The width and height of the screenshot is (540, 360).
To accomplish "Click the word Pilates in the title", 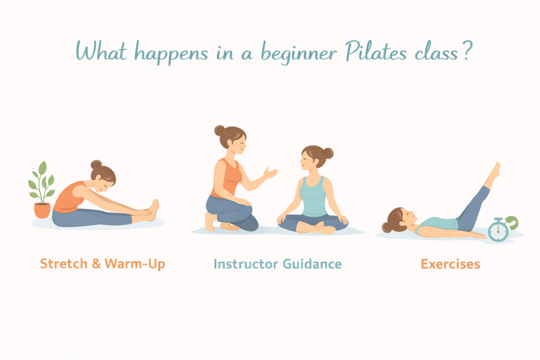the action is (375, 52).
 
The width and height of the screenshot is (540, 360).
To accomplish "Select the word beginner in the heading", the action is (298, 53).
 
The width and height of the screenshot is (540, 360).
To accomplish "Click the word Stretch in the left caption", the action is (64, 264).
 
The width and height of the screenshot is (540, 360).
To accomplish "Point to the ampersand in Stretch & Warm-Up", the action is (96, 264).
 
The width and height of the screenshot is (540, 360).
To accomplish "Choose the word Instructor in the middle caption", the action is (246, 264).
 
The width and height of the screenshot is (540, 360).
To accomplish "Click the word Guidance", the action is (312, 264).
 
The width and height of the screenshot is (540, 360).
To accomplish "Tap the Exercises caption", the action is (450, 264).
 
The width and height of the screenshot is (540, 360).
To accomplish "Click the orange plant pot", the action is (42, 210).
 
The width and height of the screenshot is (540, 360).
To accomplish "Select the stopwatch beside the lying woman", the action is (498, 230).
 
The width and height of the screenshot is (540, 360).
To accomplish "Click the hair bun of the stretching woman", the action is (96, 164).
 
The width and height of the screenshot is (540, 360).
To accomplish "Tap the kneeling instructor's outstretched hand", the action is (270, 173).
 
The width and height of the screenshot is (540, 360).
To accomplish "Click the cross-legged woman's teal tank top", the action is (313, 197).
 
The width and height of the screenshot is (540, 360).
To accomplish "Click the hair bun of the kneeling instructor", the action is (219, 130).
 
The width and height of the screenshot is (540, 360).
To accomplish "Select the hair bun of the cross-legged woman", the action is (329, 153).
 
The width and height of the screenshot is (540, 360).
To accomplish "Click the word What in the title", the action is (101, 52).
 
